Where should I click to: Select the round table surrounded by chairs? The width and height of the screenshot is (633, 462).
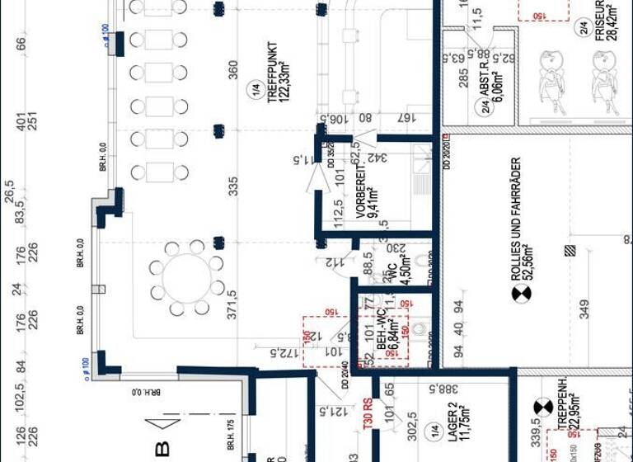tap(187, 278)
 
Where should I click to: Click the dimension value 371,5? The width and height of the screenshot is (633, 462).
tap(232, 304)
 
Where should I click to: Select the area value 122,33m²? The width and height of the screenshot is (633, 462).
tap(285, 70)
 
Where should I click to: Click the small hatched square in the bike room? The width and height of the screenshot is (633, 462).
tap(568, 250)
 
